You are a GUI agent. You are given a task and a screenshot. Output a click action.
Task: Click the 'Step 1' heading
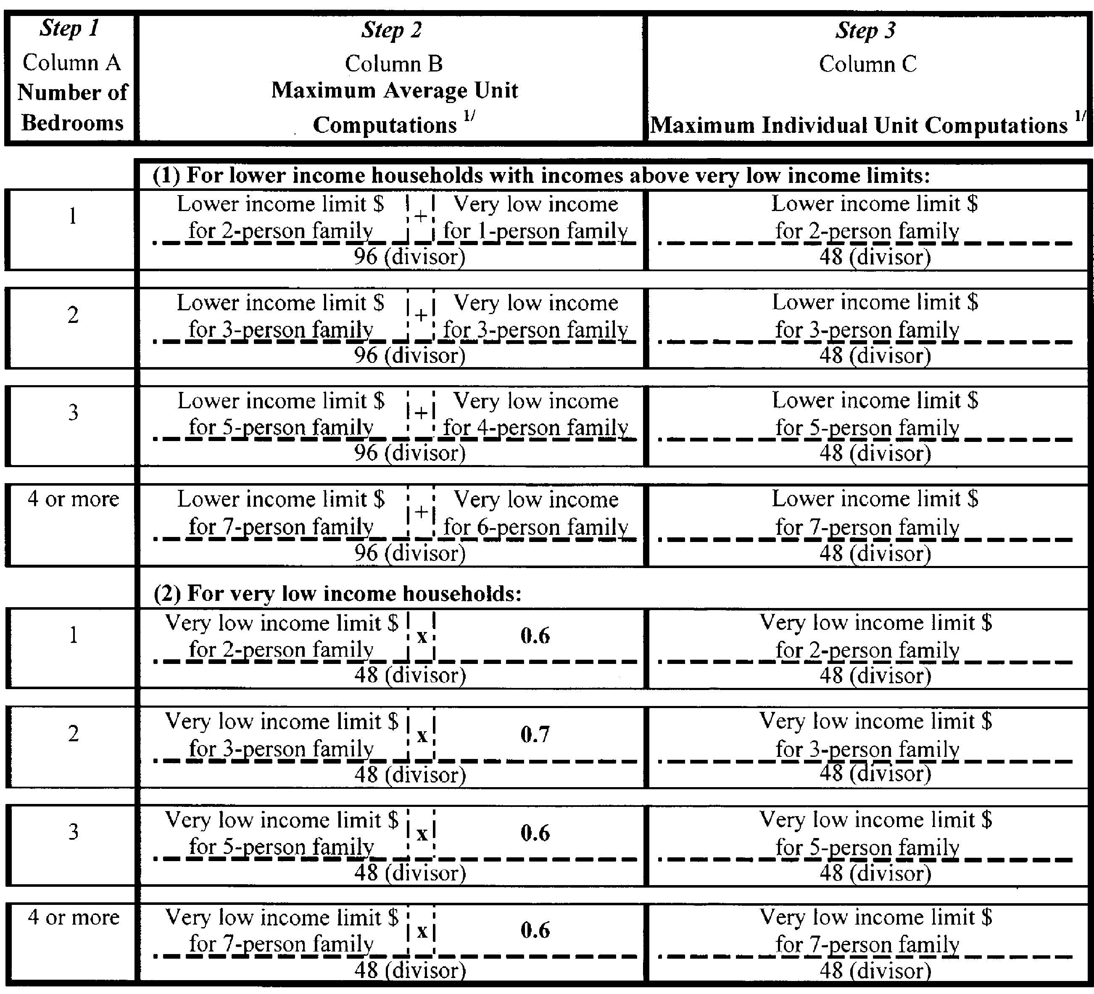pos(69,28)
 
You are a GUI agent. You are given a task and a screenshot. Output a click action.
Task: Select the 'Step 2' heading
pos(391,30)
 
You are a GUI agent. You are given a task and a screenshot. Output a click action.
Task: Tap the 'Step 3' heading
pos(865,30)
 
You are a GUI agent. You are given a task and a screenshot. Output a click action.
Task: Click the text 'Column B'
pos(393,64)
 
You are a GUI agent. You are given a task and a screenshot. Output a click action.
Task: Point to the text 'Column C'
pos(867,64)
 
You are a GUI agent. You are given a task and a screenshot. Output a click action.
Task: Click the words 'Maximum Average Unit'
pos(395,90)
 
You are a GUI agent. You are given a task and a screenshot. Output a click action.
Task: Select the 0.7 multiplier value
pos(535,734)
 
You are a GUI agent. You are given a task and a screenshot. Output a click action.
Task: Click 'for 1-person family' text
pos(535,231)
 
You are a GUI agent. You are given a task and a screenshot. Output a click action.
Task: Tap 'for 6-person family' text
pos(535,526)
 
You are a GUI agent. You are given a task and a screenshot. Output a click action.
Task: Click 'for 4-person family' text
pos(535,427)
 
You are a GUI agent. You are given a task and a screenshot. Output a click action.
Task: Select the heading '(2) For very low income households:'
pos(337,593)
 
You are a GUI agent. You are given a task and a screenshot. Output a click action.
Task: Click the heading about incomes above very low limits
pos(541,175)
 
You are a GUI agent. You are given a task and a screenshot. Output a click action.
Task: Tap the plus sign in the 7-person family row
pos(421,512)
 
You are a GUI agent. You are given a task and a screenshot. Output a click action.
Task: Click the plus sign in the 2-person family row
pos(421,217)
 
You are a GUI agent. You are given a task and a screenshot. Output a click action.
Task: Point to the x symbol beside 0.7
pos(422,735)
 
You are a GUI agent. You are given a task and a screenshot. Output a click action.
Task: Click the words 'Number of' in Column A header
pos(72,92)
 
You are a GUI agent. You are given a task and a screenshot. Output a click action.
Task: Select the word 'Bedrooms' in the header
pos(72,123)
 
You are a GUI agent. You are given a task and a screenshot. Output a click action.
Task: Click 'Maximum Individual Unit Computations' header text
pos(859,125)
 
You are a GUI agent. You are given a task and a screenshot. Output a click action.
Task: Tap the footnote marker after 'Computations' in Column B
pos(469,116)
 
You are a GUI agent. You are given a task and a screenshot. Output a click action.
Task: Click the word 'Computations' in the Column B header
pos(385,125)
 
